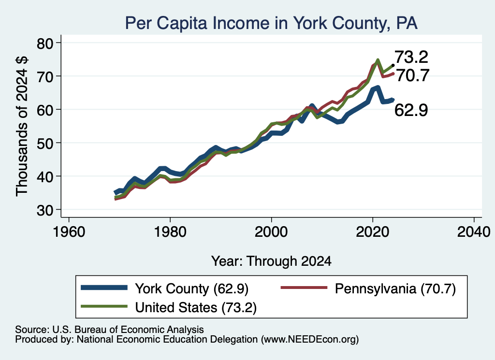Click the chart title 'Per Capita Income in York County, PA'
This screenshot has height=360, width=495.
(x=271, y=23)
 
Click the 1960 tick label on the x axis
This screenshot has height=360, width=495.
(x=69, y=232)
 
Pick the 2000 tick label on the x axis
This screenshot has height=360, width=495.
(x=271, y=232)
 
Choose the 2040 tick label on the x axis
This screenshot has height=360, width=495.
(x=474, y=232)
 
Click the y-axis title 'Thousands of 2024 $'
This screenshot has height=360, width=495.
(x=22, y=126)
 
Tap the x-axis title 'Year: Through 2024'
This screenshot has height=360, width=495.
(x=271, y=261)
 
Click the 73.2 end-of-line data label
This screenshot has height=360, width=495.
(x=411, y=57)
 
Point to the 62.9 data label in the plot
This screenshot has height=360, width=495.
(x=411, y=111)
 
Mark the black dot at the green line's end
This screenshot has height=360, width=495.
(x=393, y=65)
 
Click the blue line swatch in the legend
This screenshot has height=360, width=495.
(x=104, y=288)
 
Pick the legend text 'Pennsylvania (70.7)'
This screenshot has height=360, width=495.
(x=395, y=288)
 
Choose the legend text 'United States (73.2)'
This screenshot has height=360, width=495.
(x=196, y=308)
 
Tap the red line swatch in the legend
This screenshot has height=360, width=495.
(x=304, y=288)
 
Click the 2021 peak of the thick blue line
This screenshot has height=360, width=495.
(x=378, y=87)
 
